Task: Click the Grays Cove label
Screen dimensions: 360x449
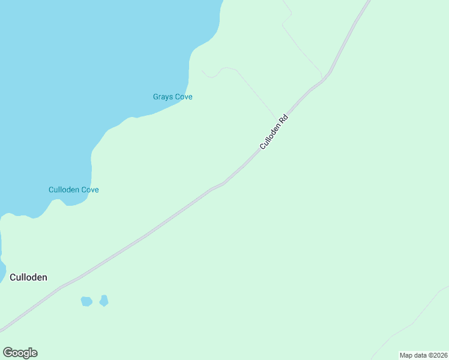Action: [x=172, y=97]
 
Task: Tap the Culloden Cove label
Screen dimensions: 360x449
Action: [x=73, y=190]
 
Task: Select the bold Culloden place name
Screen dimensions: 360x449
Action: [x=28, y=277]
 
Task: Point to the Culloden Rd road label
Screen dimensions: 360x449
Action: [x=274, y=132]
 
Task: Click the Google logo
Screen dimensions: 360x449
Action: [x=20, y=353]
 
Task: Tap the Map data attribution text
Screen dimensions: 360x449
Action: [x=423, y=355]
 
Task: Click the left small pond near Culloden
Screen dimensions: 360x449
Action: [x=86, y=301]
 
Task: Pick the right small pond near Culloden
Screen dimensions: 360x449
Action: [x=104, y=300]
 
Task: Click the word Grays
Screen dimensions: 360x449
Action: [x=163, y=97]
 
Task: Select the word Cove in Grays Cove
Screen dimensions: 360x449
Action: [x=183, y=97]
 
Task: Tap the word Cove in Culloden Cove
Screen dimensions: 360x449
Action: [x=89, y=190]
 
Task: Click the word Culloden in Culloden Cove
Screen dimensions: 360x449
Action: [x=64, y=190]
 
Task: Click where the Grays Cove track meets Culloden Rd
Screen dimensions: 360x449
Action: [x=278, y=119]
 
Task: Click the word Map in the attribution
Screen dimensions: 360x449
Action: [x=406, y=355]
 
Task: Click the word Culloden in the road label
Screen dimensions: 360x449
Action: [x=270, y=137]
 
